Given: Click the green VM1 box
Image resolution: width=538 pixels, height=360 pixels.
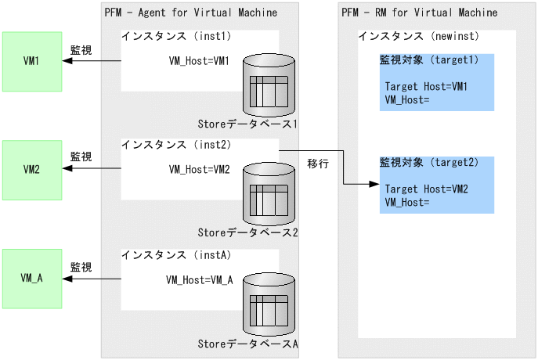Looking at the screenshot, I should tap(31, 61).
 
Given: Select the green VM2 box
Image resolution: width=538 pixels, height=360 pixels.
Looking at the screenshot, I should tap(31, 169).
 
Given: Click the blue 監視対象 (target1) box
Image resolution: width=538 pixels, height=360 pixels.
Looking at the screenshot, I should tap(436, 82).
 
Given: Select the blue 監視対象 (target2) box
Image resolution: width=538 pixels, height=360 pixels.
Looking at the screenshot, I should tap(436, 185).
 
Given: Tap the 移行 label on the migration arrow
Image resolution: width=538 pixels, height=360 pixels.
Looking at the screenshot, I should tap(318, 164).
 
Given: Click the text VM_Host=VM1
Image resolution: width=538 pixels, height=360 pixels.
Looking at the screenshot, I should tap(200, 61).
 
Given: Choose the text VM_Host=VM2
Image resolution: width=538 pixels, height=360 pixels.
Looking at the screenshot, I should tap(200, 169).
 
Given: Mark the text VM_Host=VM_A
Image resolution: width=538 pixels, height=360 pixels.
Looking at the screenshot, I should tap(200, 279).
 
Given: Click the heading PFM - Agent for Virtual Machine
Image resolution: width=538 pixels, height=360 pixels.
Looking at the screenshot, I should tap(190, 13).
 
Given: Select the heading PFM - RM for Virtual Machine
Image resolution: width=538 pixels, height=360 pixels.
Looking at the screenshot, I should tap(419, 13).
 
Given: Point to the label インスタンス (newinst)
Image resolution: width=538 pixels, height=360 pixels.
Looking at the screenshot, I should tap(418, 37).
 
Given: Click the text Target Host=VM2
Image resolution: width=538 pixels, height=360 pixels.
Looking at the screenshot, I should tap(426, 190).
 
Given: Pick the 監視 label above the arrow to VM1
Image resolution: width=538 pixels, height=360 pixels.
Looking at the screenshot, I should tap(81, 50).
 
